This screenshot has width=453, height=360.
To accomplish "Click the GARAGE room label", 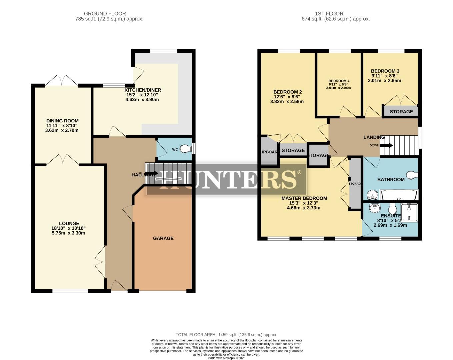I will (x=163, y=238).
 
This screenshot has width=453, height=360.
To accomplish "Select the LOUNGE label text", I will (x=69, y=224).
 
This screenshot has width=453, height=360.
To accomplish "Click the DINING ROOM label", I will (x=62, y=121).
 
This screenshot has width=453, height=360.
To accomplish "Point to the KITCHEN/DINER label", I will (x=143, y=90).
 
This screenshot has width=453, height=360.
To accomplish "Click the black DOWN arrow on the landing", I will (x=387, y=145).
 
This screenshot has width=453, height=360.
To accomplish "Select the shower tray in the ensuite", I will (x=409, y=212).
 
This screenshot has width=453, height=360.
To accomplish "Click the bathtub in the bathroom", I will (x=399, y=195).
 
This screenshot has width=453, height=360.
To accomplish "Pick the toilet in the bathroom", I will (x=412, y=175).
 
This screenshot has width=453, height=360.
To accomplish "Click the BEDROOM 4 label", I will (x=339, y=81).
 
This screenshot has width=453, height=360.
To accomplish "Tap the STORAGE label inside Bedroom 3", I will (x=401, y=112).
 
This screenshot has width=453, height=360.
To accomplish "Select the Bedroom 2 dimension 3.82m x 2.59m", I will (x=287, y=102).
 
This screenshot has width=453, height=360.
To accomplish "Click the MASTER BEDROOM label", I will (x=304, y=198).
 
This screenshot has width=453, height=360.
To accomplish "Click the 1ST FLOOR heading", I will (x=329, y=14).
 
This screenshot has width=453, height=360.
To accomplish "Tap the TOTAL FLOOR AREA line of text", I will (x=226, y=335).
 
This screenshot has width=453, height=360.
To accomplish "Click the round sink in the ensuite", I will (x=375, y=208).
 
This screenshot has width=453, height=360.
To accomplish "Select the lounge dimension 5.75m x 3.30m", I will (x=68, y=233).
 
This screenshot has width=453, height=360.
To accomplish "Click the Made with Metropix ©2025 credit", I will (x=226, y=358).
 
